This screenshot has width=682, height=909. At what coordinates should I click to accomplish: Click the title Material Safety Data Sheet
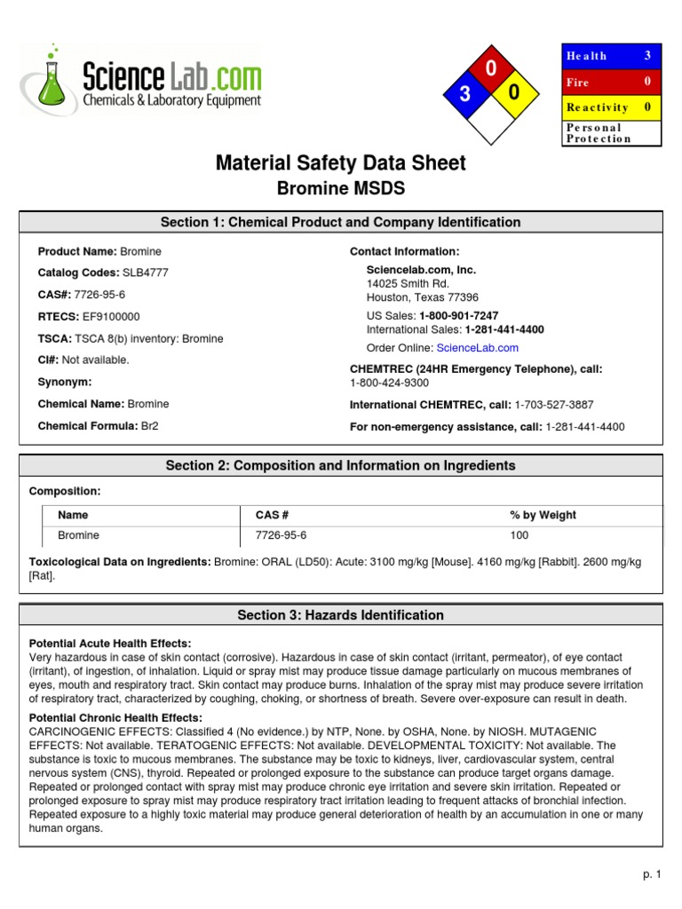pyautogui.click(x=341, y=163)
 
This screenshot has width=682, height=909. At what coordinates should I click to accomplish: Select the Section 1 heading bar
pyautogui.click(x=341, y=222)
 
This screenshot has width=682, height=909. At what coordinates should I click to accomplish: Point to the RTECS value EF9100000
pyautogui.click(x=111, y=317)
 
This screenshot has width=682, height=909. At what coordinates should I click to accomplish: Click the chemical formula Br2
pyautogui.click(x=149, y=426)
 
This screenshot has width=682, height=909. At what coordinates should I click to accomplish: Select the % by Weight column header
pyautogui.click(x=543, y=515)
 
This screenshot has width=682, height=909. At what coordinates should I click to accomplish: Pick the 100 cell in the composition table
pyautogui.click(x=519, y=535)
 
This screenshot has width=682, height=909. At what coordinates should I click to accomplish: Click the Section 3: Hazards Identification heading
pyautogui.click(x=341, y=615)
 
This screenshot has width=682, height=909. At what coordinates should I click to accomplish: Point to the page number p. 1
pyautogui.click(x=653, y=874)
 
